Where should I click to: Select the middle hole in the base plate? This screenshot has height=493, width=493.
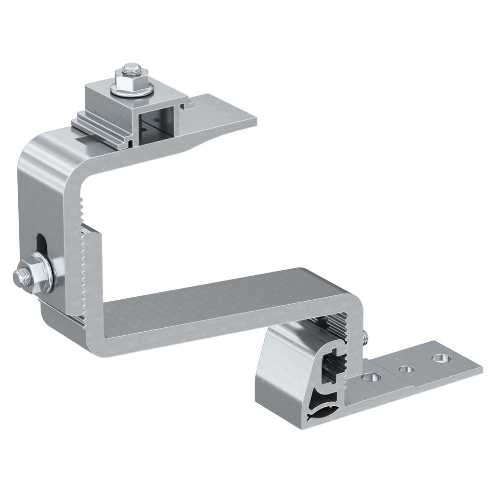click(x=406, y=369)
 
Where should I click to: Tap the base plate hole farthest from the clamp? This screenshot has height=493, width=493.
click(x=438, y=358)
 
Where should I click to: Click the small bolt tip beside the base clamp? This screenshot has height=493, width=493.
click(x=365, y=337)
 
